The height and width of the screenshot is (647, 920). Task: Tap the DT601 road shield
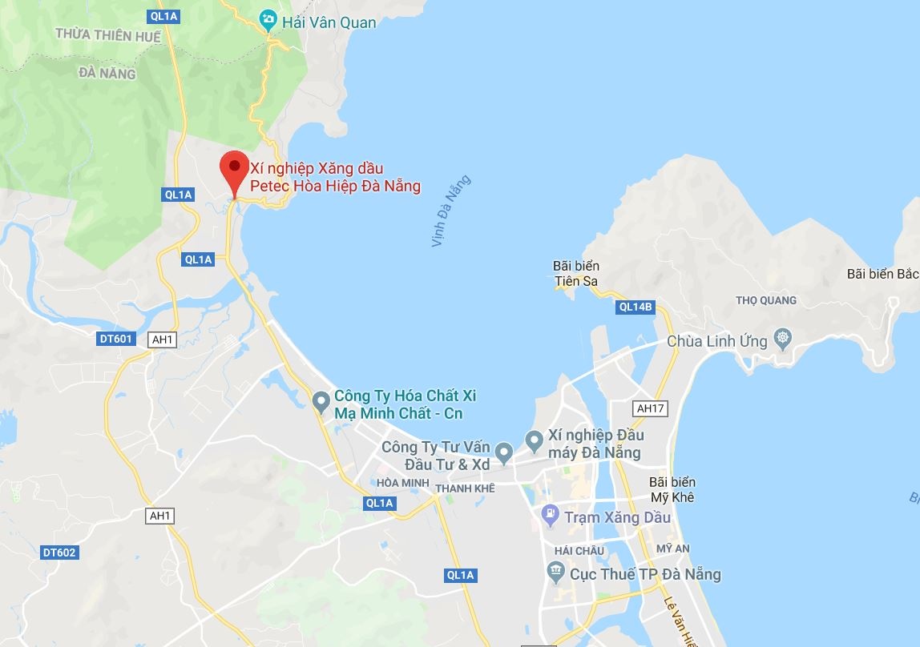(x=117, y=339)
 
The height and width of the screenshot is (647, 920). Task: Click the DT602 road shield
(x=60, y=553)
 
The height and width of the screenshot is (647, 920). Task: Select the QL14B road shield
(x=636, y=306)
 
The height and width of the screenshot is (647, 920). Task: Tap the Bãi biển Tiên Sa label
(x=576, y=273)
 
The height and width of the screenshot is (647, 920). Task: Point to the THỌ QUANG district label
(x=766, y=300)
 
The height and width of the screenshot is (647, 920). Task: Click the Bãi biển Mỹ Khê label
(x=672, y=489)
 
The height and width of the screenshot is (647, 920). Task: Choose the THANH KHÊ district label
(x=465, y=488)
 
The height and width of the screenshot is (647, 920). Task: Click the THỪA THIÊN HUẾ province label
(x=108, y=36)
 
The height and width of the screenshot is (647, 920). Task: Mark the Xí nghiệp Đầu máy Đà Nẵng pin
(x=534, y=439)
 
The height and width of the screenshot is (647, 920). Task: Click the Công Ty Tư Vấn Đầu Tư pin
(x=504, y=454)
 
